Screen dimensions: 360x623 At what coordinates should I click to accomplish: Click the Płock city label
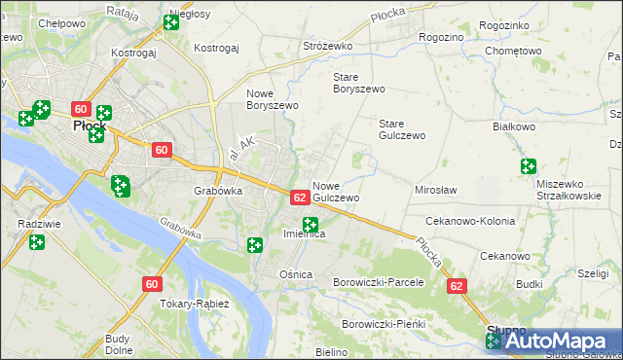90,126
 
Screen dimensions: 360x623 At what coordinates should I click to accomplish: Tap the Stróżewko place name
327,46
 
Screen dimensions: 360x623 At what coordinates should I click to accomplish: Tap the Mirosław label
436,190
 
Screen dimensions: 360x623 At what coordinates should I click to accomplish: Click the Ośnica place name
296,274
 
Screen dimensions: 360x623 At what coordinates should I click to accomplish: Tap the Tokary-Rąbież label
194,304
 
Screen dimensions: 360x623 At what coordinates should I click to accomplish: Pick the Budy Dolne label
118,344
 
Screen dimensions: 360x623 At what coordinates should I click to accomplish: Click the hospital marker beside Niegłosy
171,21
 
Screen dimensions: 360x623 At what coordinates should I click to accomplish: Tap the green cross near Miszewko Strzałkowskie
529,166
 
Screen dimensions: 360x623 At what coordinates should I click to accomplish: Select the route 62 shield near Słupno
457,287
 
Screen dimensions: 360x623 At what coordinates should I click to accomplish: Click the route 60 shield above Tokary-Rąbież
151,284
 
